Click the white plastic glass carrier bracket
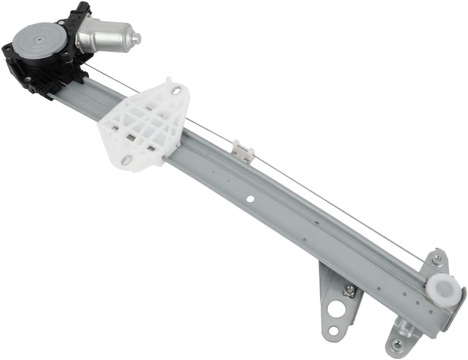pyautogui.click(x=143, y=124)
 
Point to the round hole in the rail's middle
pyautogui.click(x=250, y=199)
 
